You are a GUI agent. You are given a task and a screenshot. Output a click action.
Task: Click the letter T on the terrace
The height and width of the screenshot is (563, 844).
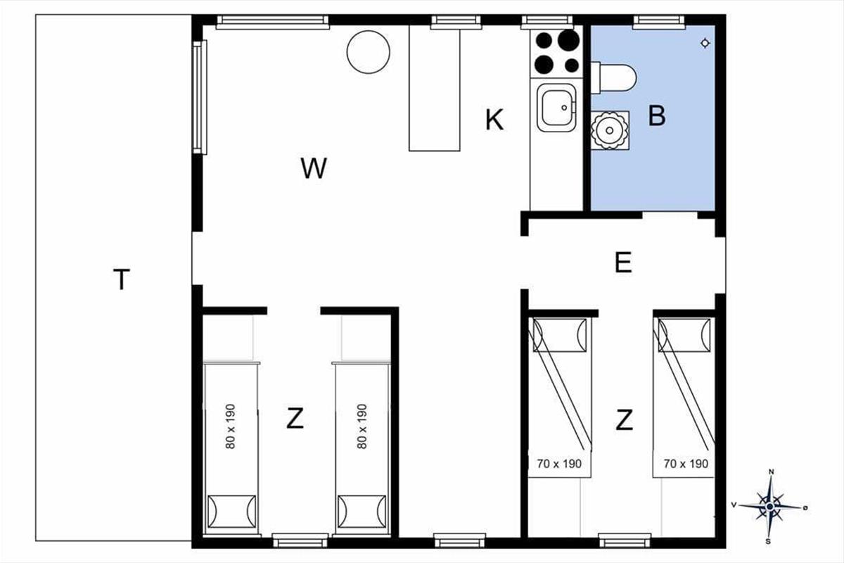coord(121,279)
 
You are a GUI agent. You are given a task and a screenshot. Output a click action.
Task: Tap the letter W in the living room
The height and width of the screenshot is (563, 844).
coord(314,168)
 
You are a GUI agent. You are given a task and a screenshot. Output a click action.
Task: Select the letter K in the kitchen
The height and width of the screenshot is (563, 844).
coord(494,120)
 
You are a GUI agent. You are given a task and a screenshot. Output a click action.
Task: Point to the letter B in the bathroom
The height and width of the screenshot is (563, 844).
coord(657,115)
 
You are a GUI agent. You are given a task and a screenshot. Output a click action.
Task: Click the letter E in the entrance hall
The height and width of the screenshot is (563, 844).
coord(623,262)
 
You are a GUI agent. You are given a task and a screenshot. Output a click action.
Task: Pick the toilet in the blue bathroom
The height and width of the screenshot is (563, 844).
coord(613,78)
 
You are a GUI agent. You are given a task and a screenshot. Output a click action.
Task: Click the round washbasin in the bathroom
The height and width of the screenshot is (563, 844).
coord(610,130)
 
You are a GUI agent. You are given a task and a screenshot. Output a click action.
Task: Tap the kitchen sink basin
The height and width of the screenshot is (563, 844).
coord(556,108)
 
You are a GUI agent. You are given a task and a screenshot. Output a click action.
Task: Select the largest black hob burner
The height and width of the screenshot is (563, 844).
coord(568,39)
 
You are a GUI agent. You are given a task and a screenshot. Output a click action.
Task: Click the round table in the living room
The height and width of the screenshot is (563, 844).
coord(368,52)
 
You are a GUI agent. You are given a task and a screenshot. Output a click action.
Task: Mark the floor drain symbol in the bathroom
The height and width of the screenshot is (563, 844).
coord(705,44)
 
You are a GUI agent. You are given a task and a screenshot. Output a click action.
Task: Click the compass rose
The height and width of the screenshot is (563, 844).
coord(770,506)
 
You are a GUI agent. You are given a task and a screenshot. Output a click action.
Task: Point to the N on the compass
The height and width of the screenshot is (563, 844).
coord(772,472)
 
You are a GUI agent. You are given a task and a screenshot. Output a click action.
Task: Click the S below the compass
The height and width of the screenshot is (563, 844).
coord(768,542)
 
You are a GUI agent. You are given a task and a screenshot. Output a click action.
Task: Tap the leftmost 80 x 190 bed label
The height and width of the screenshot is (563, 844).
coord(230,426)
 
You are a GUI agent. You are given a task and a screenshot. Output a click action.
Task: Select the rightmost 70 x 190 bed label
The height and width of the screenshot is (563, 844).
coord(686,464)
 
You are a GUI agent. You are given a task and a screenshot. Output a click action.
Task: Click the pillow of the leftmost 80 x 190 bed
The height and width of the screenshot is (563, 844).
coord(231,512)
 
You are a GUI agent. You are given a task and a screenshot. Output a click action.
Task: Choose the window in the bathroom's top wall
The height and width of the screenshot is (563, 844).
coord(658,22)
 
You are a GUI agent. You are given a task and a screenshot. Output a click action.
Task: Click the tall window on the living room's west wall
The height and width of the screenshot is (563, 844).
coord(200,97)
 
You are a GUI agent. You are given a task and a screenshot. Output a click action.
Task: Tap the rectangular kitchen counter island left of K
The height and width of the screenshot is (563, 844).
coord(435,89)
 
